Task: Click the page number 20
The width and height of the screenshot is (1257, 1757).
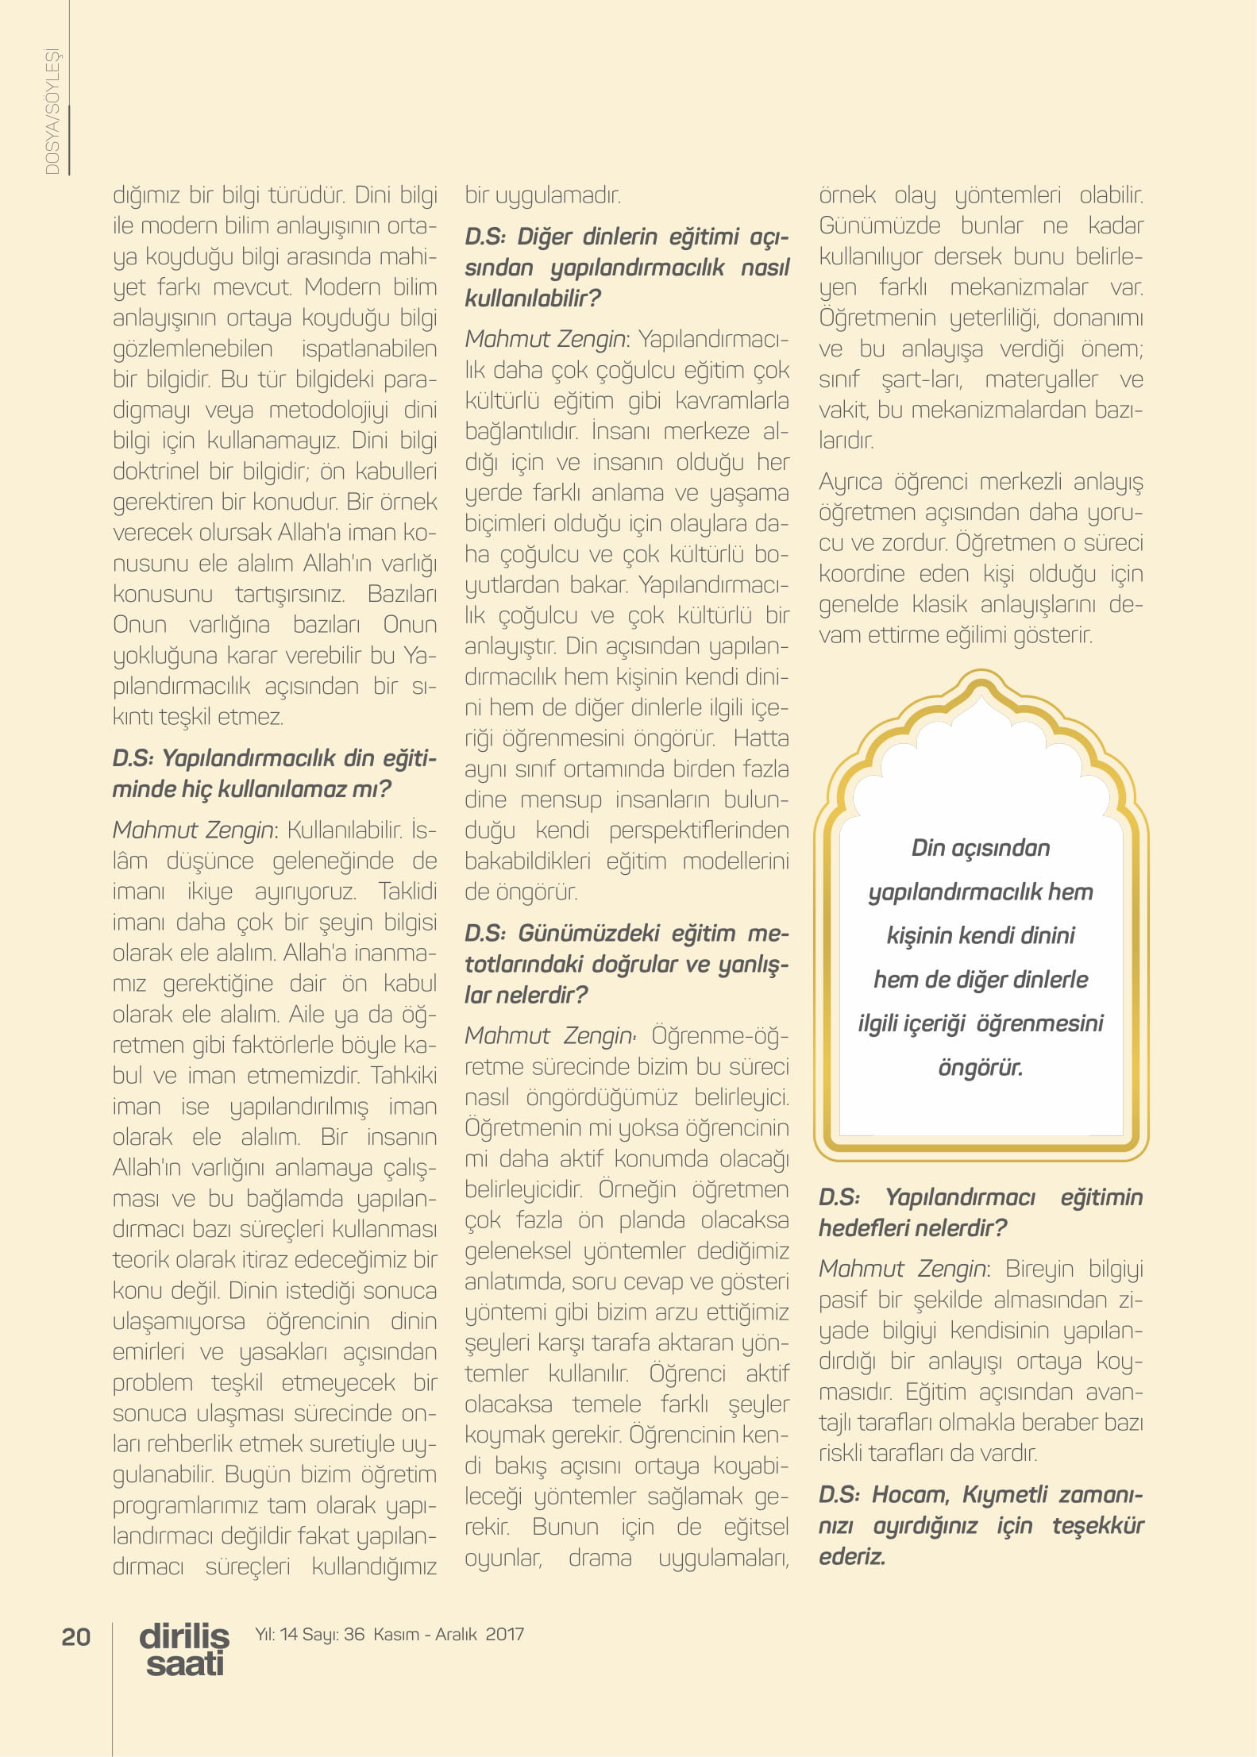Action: pyautogui.click(x=76, y=1636)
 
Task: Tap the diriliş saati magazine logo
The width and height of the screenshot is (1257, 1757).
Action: pyautogui.click(x=184, y=1649)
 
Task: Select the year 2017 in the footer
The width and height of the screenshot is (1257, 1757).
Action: pyautogui.click(x=505, y=1633)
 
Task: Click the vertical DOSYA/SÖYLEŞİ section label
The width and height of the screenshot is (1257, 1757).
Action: pyautogui.click(x=52, y=111)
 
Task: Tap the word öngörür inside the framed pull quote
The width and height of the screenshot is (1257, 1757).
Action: pyautogui.click(x=980, y=1068)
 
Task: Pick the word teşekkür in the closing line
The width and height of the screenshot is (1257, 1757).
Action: pyautogui.click(x=1097, y=1525)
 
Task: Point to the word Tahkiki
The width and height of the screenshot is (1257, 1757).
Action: pyautogui.click(x=405, y=1075)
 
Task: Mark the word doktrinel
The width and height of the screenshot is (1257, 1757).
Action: pyautogui.click(x=157, y=471)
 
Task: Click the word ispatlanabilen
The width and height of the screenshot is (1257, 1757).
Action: pyautogui.click(x=369, y=349)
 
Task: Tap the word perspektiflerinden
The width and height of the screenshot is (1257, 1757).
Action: pyautogui.click(x=699, y=830)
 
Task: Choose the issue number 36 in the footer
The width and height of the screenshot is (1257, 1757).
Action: pyautogui.click(x=354, y=1633)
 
